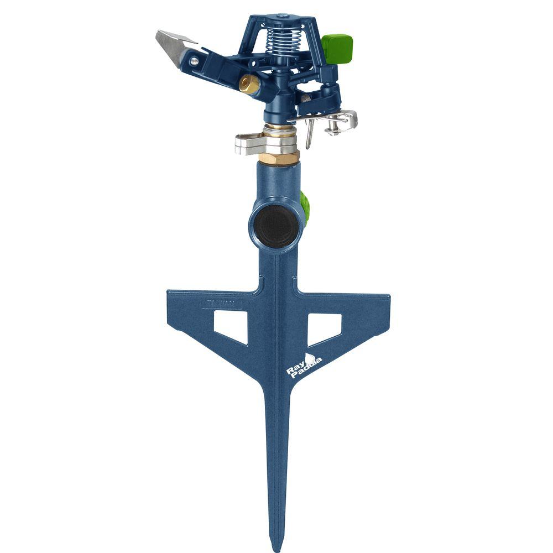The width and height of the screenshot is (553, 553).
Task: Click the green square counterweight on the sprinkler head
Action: pos(337,48)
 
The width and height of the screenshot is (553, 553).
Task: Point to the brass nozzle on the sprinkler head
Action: pos(249,84)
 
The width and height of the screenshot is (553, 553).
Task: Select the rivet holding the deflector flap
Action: pos(194,62)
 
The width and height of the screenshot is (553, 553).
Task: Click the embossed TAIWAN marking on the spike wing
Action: pos(221,303)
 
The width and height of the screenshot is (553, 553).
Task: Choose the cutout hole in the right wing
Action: pos(323,326)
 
